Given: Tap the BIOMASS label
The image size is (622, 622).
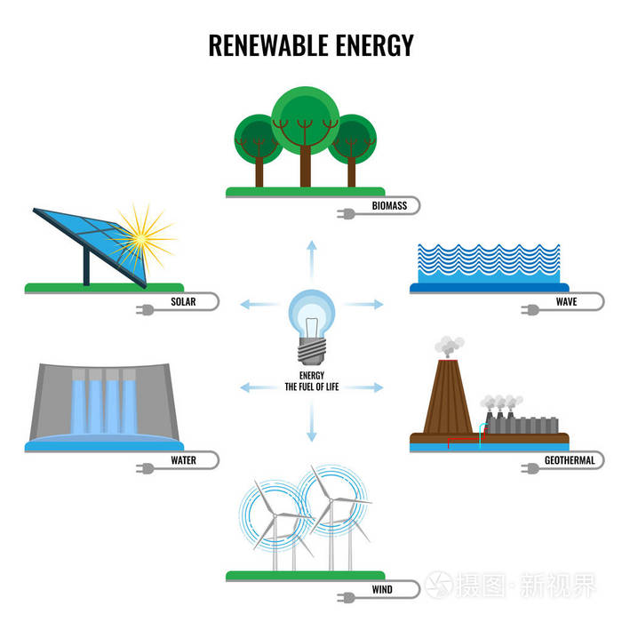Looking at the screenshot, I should point(390,206).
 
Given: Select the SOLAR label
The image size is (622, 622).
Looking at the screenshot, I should point(183,302).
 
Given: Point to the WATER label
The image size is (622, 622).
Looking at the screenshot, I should point(183,461).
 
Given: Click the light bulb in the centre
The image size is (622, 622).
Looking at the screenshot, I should point(311,316).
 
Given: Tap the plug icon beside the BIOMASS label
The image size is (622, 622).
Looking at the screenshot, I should point(344,212).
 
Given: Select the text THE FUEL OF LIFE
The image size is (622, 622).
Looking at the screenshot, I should point(311,387).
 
